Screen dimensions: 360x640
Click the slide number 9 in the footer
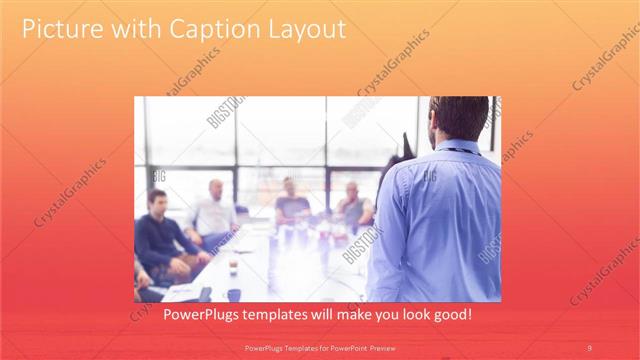tap(589, 347)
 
